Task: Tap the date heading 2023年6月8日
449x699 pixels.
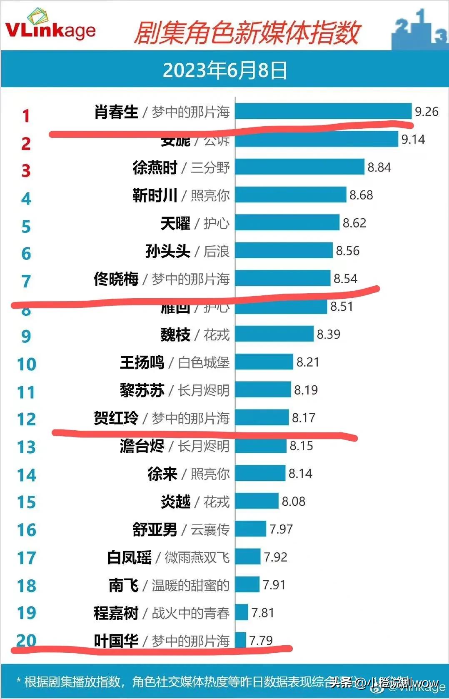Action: coord(224,70)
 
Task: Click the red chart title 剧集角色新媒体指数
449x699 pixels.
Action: coord(247,33)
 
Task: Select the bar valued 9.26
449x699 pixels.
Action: coord(323,111)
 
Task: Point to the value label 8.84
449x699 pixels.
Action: coord(379,167)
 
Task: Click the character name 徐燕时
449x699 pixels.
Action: coord(155,167)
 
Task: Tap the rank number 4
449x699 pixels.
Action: coord(26,199)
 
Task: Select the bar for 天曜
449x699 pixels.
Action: coord(287,223)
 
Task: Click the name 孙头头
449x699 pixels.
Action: coord(167,251)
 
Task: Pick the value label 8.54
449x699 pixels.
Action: coord(345,279)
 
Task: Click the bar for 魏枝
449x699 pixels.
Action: coord(274,334)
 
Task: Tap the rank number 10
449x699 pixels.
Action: coord(26,364)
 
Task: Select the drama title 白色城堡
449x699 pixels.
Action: coord(204,362)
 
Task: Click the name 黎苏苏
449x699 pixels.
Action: coord(142,390)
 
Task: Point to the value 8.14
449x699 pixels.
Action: coord(300,474)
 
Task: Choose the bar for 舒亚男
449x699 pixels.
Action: coord(250,529)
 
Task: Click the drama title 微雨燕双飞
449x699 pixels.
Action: coord(197,557)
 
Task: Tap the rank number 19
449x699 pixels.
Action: coord(26,613)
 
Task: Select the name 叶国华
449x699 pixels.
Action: coord(116,641)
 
